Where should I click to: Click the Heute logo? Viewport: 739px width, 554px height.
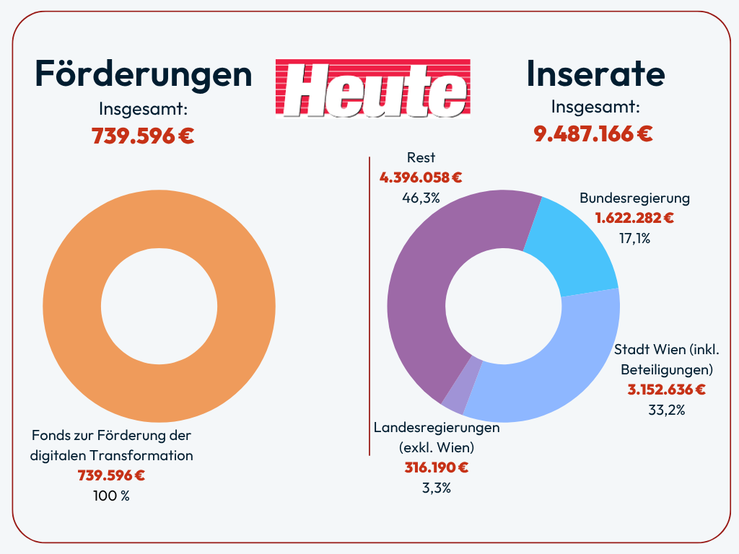point(372,88)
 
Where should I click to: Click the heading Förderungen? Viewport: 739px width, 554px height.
point(144,74)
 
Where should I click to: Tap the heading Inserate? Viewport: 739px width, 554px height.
point(595,74)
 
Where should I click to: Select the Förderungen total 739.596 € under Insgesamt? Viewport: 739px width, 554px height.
point(143,136)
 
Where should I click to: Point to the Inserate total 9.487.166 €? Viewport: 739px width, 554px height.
point(593,133)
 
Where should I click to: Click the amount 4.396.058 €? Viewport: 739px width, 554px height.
point(421,177)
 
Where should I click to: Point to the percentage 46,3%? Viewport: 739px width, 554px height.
point(421,198)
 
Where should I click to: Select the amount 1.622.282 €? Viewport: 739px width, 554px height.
point(634,217)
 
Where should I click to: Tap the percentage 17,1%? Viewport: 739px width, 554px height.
point(634,237)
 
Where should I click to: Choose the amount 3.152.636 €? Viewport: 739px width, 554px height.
point(666,390)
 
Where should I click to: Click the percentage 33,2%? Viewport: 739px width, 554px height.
point(667,410)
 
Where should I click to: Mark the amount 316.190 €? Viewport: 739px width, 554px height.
point(436,467)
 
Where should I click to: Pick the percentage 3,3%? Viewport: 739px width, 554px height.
point(436,488)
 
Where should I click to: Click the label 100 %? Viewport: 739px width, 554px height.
point(111,496)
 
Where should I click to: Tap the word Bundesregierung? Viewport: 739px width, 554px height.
point(634,198)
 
